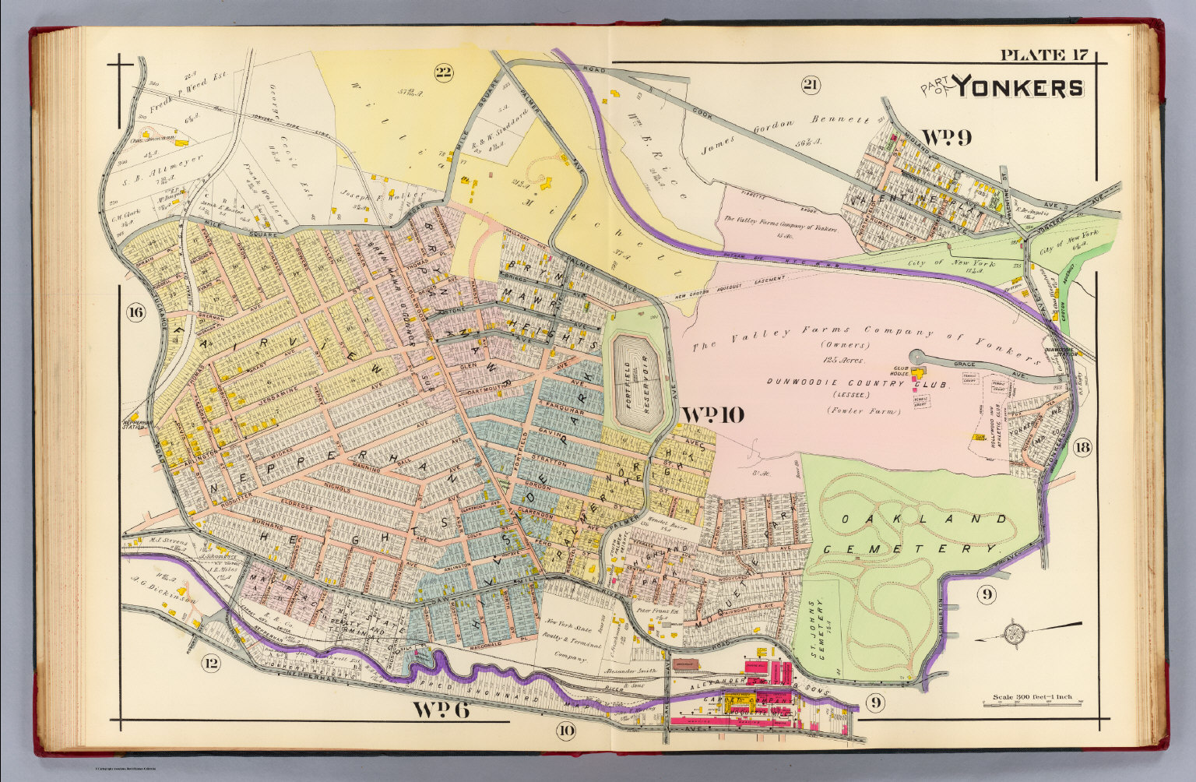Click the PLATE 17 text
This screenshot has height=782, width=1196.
coord(1043,55)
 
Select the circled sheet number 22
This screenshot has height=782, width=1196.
coord(443,73)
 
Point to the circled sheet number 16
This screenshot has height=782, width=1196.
coord(135,313)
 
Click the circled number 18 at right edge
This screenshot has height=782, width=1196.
coord(1082,447)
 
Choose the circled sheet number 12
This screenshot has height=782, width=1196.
coord(209,664)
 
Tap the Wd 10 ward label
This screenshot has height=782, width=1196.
coord(712,414)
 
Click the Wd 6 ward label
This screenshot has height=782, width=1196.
coord(441,710)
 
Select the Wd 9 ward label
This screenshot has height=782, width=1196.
coord(946,138)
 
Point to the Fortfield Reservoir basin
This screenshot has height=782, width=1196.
coord(636,379)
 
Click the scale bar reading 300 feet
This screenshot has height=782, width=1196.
coord(1032,697)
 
